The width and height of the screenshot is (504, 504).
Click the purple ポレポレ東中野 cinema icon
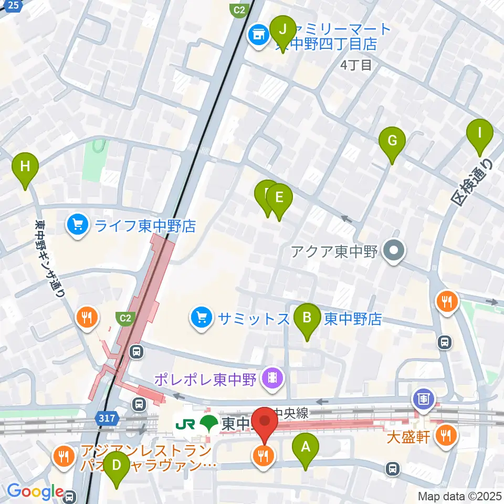click(x=272, y=379)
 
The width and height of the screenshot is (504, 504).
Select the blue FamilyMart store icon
click(x=258, y=36)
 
